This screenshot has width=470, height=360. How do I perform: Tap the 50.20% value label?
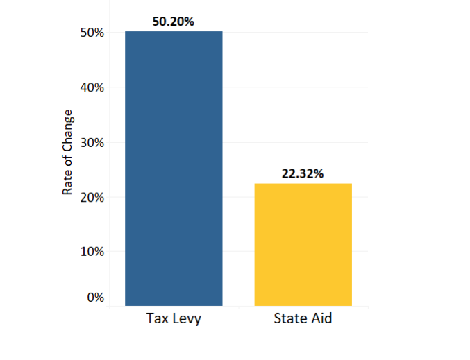pos(174,21)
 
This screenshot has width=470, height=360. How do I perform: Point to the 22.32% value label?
pos(303,173)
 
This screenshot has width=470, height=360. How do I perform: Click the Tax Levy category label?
pos(174,319)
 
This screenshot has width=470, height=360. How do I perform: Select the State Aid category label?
pos(303,319)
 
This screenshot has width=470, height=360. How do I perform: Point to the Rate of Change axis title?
pos(68,151)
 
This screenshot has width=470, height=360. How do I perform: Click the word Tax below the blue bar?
pos(157,319)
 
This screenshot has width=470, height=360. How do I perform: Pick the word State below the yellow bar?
pos(290,319)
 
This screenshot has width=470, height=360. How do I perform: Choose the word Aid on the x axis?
pos(321,319)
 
